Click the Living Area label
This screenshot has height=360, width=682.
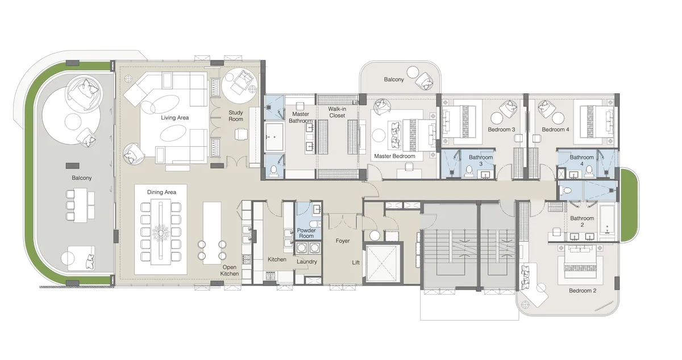[174, 118]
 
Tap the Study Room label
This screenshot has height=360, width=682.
[236, 116]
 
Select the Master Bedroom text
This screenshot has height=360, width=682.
[394, 156]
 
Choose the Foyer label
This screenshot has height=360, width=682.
[343, 241]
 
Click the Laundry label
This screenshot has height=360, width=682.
[306, 262]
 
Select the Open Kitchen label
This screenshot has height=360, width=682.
[230, 270]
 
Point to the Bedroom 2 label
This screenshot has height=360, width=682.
[582, 291]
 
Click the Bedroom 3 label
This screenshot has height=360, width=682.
[501, 130]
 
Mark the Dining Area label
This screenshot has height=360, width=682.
[162, 192]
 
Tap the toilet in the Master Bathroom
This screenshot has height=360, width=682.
[273, 170]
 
